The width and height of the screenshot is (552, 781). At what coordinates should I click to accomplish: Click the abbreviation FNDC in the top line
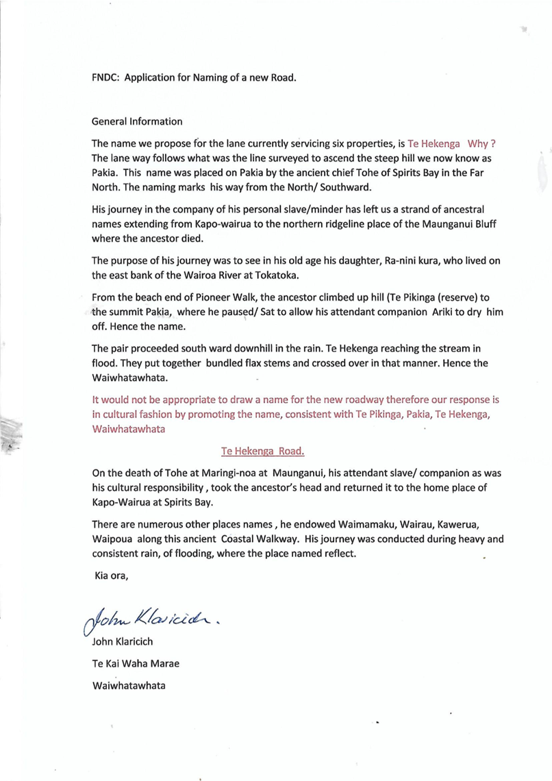(105, 77)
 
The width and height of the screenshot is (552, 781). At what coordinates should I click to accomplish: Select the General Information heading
(137, 121)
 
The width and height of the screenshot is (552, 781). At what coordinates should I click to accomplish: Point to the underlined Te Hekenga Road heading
(263, 451)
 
